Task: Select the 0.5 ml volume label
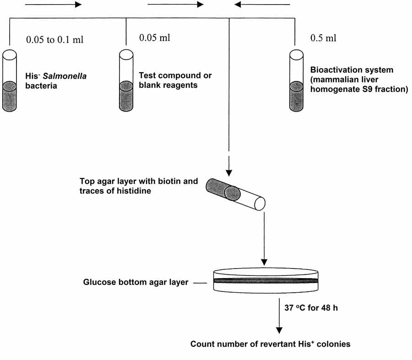(323, 38)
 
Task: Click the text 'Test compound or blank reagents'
(175, 80)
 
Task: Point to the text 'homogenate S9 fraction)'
(359, 90)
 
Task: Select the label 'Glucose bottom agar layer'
(136, 282)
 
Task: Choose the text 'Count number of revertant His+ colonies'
(271, 344)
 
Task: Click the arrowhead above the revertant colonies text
(278, 331)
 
